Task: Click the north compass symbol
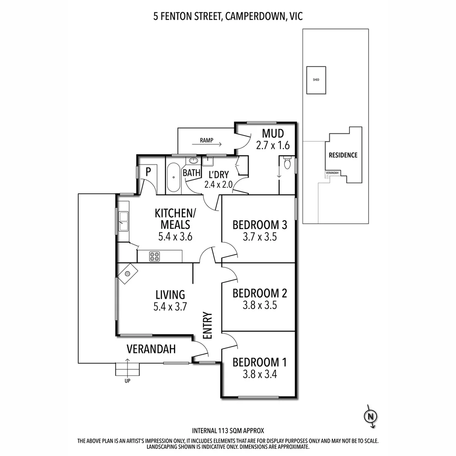coord(370,416)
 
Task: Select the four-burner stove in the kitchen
coord(155,256)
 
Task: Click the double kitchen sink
coord(124,221)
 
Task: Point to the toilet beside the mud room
coord(288,163)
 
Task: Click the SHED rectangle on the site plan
coord(316,80)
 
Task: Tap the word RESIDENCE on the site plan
coord(343,155)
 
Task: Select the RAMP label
coord(207,140)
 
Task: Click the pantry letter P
coord(148,171)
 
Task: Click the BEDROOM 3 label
coord(260,225)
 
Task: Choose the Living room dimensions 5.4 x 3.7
coord(170,307)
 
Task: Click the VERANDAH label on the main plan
coord(151,349)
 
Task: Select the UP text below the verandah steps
coord(128,381)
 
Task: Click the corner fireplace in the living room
coord(126,273)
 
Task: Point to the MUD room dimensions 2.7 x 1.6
coord(273,146)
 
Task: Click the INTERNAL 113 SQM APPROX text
coord(228,431)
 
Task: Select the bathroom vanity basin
coord(193,161)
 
